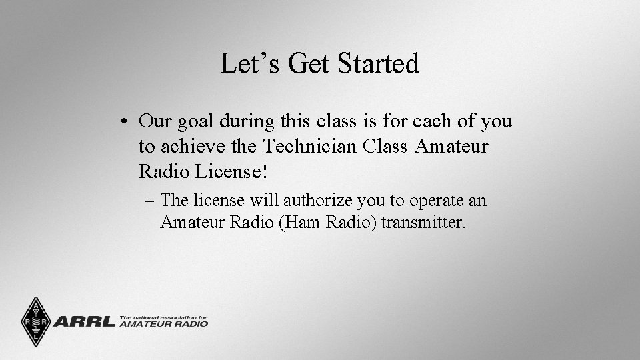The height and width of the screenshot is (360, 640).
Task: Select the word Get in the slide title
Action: tap(310, 64)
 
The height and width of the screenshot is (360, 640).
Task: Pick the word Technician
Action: tap(313, 146)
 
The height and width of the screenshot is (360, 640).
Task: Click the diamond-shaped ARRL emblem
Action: tap(35, 321)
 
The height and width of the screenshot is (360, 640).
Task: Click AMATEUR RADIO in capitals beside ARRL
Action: tap(164, 325)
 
